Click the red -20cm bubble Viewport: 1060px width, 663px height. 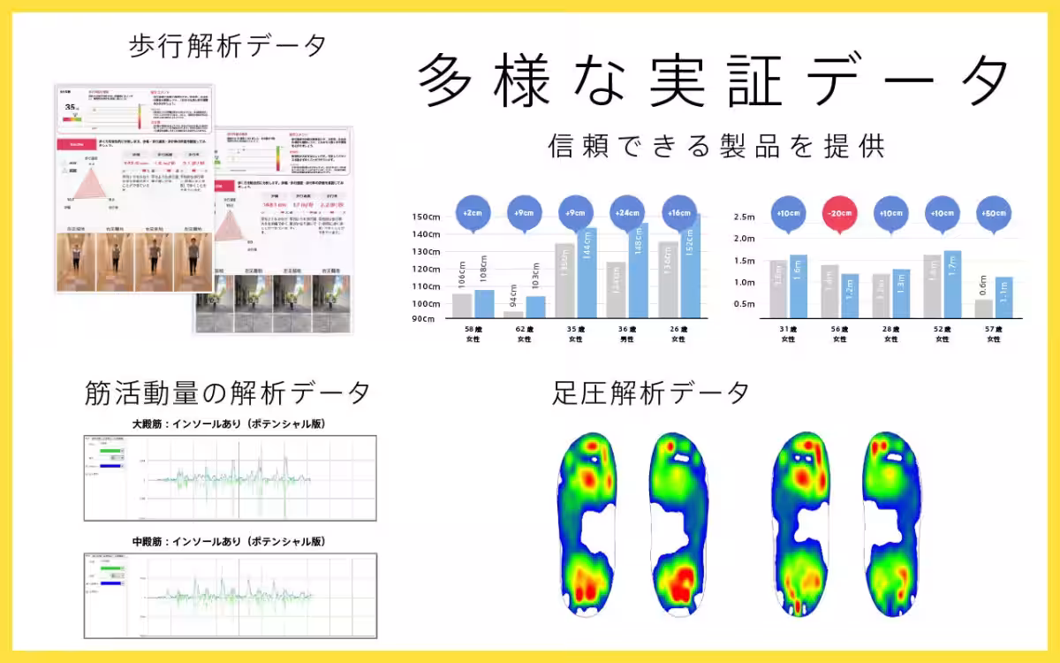837,215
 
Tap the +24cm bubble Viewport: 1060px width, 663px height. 628,215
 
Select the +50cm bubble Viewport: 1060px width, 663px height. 994,215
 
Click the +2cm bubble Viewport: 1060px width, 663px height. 472,215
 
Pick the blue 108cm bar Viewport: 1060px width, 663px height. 484,303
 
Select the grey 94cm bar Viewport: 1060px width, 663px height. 513,314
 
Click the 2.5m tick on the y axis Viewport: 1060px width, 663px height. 744,217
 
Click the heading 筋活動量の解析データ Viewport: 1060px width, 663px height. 227,392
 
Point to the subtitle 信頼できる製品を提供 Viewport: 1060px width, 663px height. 715,145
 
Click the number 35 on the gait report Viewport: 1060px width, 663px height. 69,107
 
